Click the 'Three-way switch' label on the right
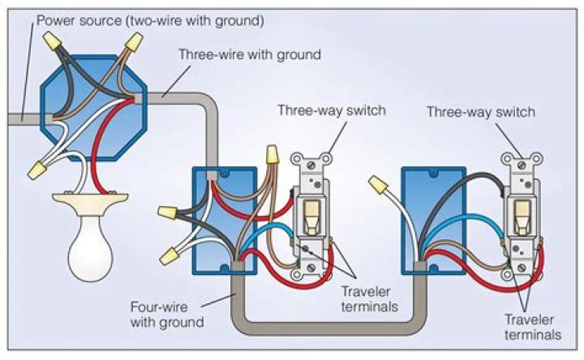[x=480, y=112]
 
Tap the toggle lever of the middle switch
[x=310, y=212]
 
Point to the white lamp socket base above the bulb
[x=90, y=199]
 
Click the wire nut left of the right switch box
[x=376, y=186]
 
